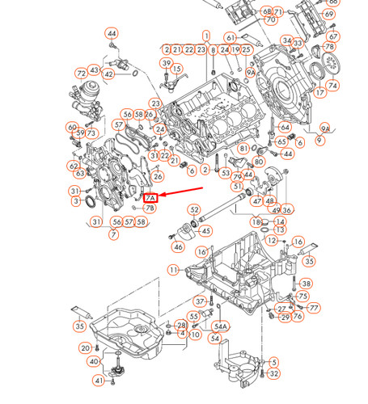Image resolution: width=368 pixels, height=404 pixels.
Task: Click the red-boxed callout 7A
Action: [x=150, y=197]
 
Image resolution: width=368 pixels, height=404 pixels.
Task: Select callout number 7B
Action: [x=150, y=208]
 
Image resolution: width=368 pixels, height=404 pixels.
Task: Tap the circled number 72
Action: [x=81, y=74]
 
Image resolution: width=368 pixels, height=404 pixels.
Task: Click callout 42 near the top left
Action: [x=109, y=75]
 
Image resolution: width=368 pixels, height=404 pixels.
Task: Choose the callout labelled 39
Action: [x=167, y=63]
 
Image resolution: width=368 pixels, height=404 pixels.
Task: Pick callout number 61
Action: [x=231, y=37]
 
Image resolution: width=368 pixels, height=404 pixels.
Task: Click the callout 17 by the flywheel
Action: [x=320, y=93]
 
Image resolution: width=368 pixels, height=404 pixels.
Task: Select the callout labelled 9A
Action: [x=325, y=128]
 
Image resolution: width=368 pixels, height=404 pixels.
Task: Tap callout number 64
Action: [x=285, y=127]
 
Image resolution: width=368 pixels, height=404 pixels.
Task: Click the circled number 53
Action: [x=225, y=171]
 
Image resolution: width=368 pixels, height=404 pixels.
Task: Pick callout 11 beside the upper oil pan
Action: [x=174, y=269]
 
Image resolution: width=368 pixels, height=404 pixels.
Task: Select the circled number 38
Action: [x=306, y=284]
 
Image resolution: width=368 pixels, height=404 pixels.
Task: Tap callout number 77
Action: [x=314, y=308]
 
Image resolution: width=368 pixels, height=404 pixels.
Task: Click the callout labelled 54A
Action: [x=221, y=326]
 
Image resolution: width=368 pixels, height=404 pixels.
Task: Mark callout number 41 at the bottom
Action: [x=99, y=381]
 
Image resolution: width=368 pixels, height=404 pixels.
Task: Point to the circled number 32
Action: [x=274, y=373]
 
